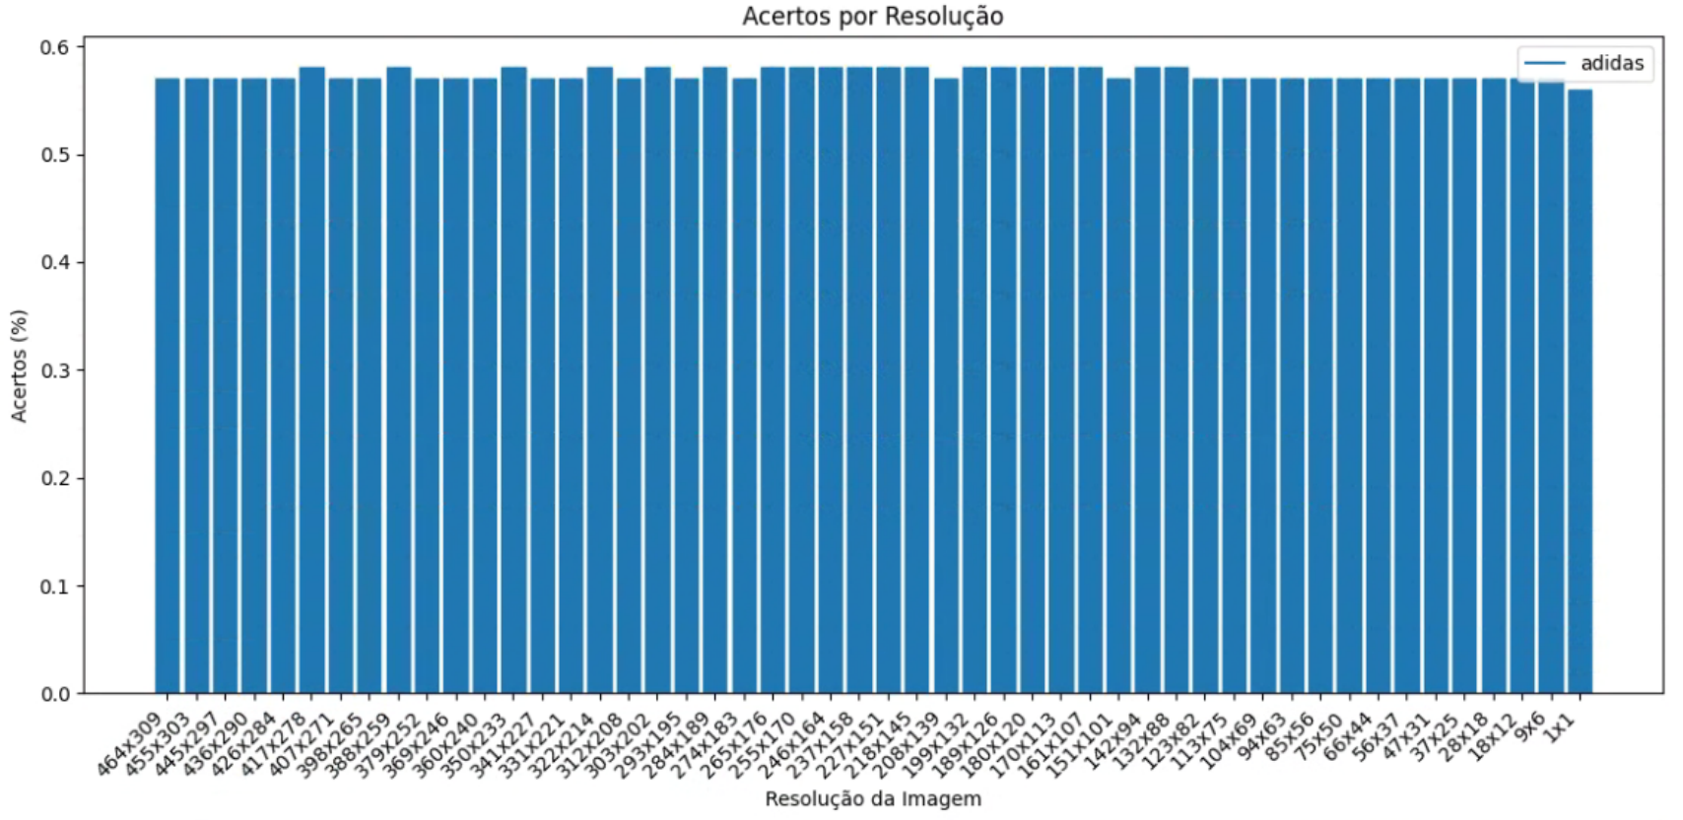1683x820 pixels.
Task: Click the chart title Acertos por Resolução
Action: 872,17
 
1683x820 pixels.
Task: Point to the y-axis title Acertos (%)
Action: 20,366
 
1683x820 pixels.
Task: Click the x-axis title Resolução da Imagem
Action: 872,798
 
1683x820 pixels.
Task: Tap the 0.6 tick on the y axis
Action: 55,47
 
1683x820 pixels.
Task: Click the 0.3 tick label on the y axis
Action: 55,371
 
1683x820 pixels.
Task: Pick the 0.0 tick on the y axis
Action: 55,694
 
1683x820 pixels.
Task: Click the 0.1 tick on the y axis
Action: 55,586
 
